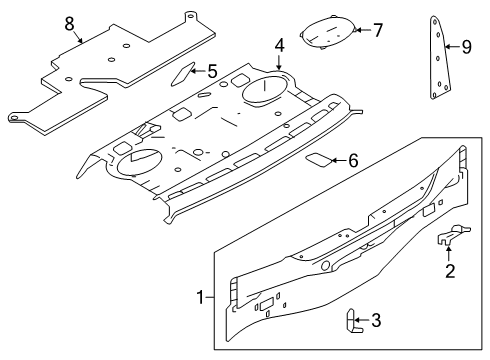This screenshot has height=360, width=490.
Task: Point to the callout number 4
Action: click(x=280, y=45)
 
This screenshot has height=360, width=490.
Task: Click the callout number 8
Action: click(x=69, y=22)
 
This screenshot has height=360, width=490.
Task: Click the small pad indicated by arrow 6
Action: click(x=317, y=158)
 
